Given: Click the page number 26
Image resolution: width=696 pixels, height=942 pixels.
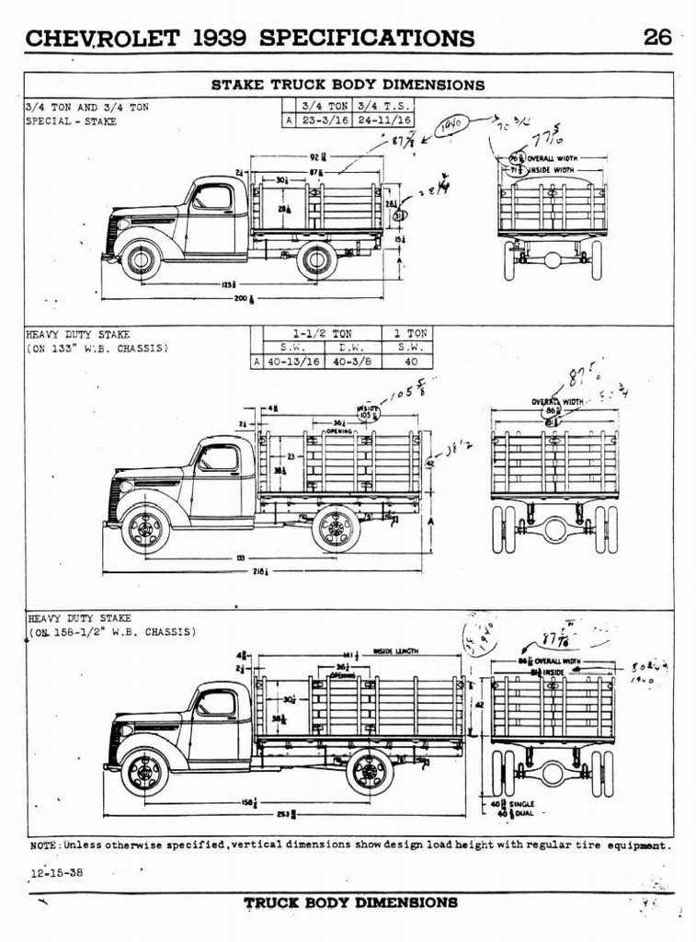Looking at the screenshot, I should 657,37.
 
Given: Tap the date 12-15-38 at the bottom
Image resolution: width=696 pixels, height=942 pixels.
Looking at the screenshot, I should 55,874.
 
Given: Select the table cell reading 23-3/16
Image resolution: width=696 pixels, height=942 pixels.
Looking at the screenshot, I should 324,120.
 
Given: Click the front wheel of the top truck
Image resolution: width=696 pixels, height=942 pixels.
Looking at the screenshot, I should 141,259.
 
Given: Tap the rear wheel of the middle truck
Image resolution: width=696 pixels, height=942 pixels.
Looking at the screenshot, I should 336,529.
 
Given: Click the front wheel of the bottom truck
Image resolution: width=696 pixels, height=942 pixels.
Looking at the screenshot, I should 145,772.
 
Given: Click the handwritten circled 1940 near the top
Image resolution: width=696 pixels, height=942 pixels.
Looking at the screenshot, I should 451,126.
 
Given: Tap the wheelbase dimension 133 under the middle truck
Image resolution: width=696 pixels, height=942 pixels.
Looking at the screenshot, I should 240,557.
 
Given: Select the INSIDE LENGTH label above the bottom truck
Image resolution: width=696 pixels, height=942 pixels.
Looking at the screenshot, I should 396,651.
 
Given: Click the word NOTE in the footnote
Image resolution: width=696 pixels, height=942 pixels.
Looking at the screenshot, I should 44,844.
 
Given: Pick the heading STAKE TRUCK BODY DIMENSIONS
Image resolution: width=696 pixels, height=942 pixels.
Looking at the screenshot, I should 348,85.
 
